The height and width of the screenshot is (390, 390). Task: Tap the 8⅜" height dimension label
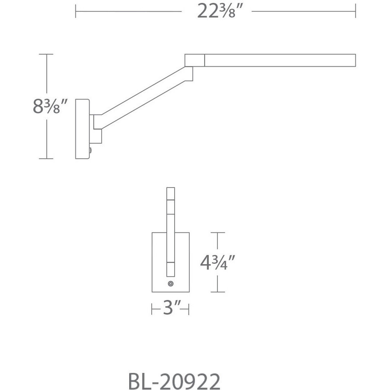point(50,107)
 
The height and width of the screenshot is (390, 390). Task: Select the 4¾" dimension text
point(218,262)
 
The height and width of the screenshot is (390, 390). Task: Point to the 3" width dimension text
point(170,309)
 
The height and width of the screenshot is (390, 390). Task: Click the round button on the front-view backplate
point(170,284)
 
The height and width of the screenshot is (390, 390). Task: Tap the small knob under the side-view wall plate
point(90,150)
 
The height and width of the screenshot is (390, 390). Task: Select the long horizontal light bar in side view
point(280,60)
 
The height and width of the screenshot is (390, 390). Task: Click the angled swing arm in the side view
point(142,98)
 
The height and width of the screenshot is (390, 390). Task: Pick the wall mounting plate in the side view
point(82,129)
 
